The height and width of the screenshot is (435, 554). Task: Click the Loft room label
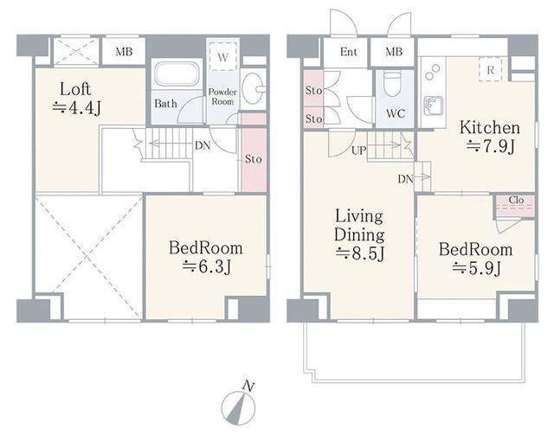(x=75, y=89)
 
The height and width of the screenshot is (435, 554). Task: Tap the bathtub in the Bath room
(x=177, y=74)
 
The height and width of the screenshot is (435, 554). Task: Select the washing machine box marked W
(x=222, y=56)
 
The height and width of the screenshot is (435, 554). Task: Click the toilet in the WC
(x=392, y=84)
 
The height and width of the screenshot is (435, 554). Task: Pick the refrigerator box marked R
(x=490, y=70)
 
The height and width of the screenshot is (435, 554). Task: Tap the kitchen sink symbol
(x=433, y=106)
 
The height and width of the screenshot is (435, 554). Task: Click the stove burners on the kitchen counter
(x=433, y=72)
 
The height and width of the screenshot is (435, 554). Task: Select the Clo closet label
(x=516, y=200)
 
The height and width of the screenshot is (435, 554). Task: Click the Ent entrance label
(x=348, y=52)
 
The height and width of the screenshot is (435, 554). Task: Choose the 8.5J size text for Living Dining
(x=360, y=253)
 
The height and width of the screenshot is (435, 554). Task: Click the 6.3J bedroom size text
(x=207, y=266)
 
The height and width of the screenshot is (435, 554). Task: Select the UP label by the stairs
(x=358, y=150)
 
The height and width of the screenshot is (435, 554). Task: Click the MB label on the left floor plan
(x=124, y=52)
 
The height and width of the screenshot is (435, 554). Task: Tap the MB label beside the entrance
(x=394, y=52)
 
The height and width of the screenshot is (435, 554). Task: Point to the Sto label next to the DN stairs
(x=254, y=159)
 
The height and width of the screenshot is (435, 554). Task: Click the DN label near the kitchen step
(x=406, y=179)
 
